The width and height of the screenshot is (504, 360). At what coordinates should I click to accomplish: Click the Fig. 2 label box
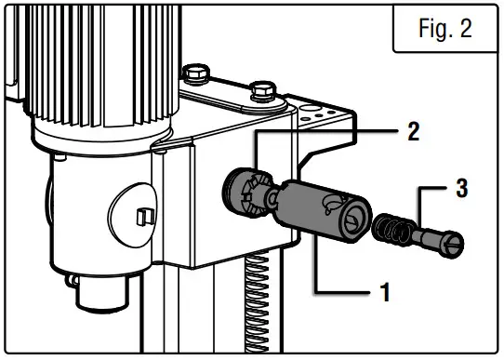tap(444, 29)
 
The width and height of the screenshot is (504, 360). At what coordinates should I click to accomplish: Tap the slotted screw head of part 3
tap(453, 248)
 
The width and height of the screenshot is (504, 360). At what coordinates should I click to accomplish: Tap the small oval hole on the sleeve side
tap(327, 202)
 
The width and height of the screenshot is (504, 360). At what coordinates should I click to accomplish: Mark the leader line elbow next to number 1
tap(317, 295)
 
